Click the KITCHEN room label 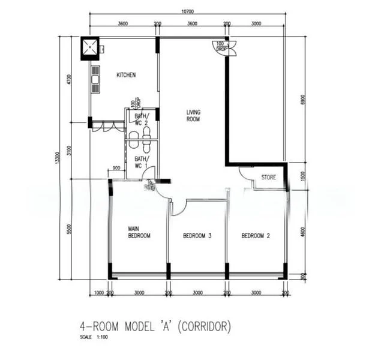(x=126, y=75)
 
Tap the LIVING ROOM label (x=193, y=116)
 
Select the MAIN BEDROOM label (x=139, y=232)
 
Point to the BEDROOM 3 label (x=197, y=236)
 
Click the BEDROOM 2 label (x=256, y=236)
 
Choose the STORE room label (x=268, y=178)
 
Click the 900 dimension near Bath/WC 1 (x=116, y=168)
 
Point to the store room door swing (x=246, y=173)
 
